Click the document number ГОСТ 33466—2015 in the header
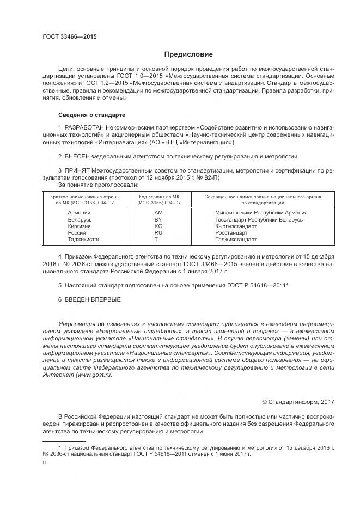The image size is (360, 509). point(70,37)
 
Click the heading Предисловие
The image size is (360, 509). point(188,55)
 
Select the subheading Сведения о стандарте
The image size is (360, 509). point(91,115)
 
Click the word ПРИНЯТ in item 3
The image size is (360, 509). point(78,170)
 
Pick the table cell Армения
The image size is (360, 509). point(79,213)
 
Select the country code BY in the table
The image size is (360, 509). point(158,219)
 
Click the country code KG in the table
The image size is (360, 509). point(158,226)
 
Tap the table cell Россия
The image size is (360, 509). point(77,232)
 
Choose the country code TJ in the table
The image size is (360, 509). point(158,239)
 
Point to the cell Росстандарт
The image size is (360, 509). point(234,232)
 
